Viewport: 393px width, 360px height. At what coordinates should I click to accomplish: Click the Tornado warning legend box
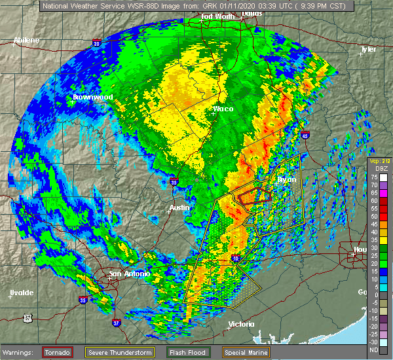[x=58, y=353]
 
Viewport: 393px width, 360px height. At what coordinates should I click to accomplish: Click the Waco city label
[x=223, y=109]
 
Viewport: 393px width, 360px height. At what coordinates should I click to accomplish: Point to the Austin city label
[x=179, y=207]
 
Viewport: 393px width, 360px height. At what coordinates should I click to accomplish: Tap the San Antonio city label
[x=124, y=274]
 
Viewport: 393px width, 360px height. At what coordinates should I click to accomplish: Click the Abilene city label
[x=26, y=40]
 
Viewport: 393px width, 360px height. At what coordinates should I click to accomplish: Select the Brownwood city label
[x=93, y=97]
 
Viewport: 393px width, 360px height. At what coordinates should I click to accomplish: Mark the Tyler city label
[x=369, y=49]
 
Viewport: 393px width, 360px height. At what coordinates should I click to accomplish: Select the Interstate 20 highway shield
[x=97, y=43]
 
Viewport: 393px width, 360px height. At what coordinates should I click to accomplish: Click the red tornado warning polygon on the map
[x=254, y=195]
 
